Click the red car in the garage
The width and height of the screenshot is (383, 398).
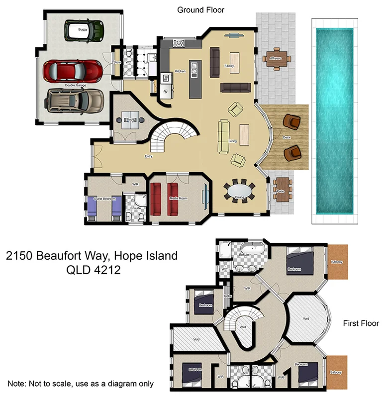click(72, 71)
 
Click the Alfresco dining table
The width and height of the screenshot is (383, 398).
click(275, 58)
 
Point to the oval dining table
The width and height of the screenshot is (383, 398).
click(239, 192)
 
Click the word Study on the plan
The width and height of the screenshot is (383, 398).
click(131, 120)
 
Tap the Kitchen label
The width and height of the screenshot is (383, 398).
click(180, 71)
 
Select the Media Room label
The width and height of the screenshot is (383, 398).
click(178, 199)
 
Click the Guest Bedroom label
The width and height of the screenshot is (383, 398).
click(105, 199)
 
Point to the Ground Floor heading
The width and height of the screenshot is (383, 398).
click(200, 9)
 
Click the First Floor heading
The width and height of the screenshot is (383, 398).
click(361, 324)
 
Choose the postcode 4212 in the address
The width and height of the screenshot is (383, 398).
click(106, 271)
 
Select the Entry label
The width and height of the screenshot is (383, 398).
click(148, 157)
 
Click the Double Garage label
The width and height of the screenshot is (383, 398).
click(75, 86)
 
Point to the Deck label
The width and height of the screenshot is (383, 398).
click(286, 137)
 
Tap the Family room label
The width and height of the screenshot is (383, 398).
click(229, 66)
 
